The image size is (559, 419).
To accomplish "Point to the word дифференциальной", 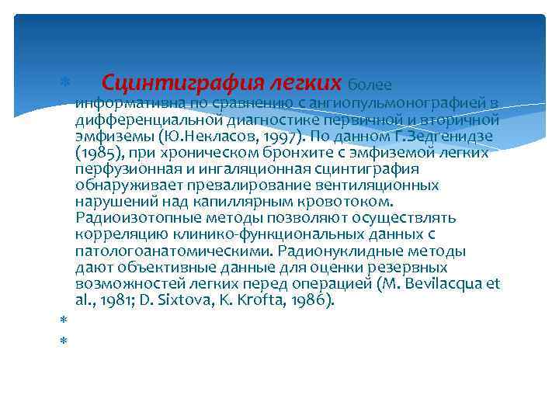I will [x=149, y=120].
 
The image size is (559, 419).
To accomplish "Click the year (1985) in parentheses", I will [x=97, y=153].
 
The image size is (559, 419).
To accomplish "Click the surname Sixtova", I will [x=186, y=300].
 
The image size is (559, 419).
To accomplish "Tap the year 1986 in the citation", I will [x=311, y=300].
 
